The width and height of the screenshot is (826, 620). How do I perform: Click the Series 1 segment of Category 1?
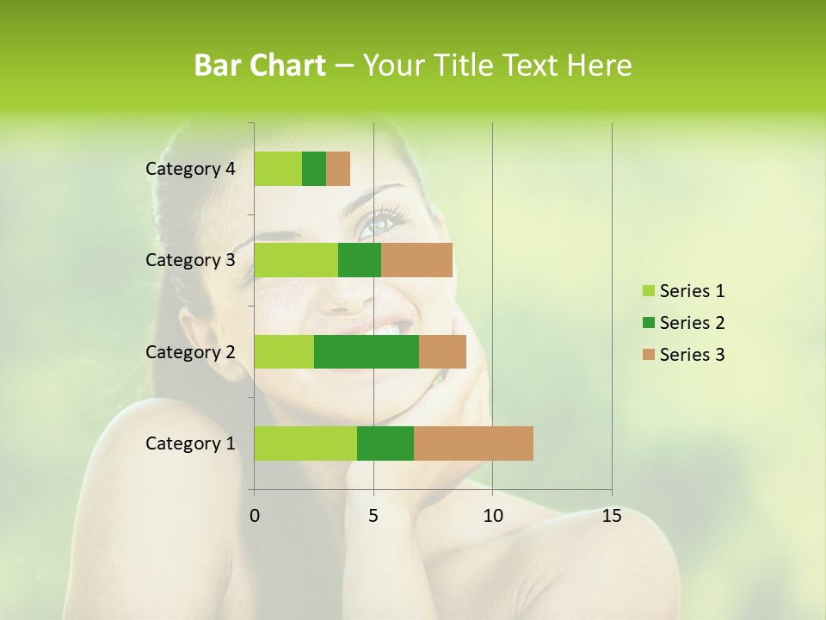coord(305,443)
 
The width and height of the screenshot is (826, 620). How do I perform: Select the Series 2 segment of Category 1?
coord(385,443)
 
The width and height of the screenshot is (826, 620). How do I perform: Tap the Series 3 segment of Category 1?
coord(473,443)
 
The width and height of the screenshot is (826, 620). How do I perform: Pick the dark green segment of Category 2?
coord(367,351)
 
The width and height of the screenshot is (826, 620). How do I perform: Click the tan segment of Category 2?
coord(442,351)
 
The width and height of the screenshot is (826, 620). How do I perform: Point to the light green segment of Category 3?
coord(296,260)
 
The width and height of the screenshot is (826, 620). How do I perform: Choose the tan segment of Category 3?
coord(416,260)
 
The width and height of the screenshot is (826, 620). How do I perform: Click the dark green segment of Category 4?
coord(314,169)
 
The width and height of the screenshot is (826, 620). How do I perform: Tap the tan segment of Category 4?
coord(338,169)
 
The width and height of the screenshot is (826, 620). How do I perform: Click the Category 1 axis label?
coord(190,443)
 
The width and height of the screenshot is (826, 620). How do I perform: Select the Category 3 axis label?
coord(190,260)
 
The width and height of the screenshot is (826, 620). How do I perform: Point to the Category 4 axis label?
coord(190,169)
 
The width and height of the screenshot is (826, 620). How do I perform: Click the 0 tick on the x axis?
coord(255,516)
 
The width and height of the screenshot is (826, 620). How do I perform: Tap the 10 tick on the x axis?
coord(492,516)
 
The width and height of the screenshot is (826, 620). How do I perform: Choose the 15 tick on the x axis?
coord(611,516)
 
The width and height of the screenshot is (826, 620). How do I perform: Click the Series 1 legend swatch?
coord(648,291)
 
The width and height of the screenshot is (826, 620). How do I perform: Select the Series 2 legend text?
coord(692,323)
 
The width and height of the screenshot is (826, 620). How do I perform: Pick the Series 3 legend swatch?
coord(648,355)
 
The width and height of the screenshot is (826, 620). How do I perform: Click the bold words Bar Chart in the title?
coord(260,65)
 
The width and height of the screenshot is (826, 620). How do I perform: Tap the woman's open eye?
coord(378,225)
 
